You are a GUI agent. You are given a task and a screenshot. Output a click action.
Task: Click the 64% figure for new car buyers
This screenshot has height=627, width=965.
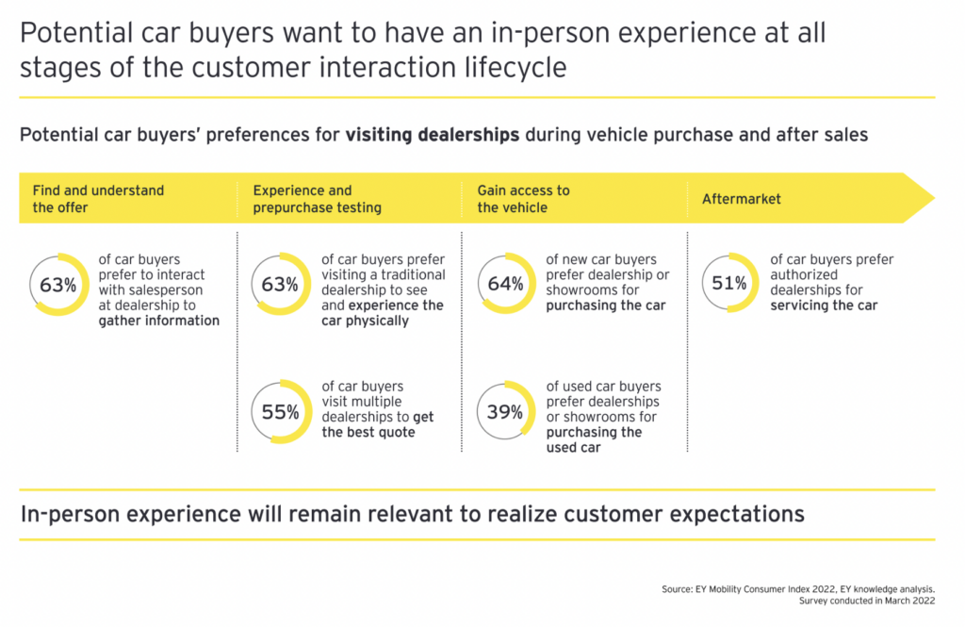coord(505,283)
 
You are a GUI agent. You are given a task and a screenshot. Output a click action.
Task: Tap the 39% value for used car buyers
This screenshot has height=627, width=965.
coord(505,411)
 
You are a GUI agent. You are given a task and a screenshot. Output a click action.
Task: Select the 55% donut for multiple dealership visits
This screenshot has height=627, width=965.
coord(280,411)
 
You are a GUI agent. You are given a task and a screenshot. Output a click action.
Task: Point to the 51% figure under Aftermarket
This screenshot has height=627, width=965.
coord(729,283)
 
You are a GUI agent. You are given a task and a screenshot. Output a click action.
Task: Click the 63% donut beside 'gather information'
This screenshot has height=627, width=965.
coord(57,283)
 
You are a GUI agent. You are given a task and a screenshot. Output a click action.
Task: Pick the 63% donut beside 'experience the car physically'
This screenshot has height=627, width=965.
coord(280,283)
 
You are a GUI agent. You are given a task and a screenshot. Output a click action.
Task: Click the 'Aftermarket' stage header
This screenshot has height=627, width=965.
coord(742,199)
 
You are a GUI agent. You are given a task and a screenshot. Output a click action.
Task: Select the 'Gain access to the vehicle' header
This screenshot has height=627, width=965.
coord(523,199)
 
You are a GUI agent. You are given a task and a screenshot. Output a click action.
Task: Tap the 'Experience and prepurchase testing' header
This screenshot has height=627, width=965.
coord(317,199)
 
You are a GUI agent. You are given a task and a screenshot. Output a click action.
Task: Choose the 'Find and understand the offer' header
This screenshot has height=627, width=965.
coord(98,199)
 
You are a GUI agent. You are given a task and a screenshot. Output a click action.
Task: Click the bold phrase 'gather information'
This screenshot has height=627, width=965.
coord(158,321)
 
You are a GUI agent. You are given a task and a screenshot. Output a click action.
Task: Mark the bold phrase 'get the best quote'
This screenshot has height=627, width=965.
coord(377,424)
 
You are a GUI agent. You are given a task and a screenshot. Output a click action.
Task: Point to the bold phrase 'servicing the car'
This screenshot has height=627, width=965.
coord(824,305)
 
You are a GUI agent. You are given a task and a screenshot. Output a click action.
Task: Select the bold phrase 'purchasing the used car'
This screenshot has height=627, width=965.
coord(594,439)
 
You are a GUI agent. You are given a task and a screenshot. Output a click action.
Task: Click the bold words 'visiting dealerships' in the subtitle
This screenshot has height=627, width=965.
coord(432,135)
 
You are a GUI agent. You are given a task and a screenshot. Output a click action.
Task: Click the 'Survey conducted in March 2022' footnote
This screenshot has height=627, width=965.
coord(866,600)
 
